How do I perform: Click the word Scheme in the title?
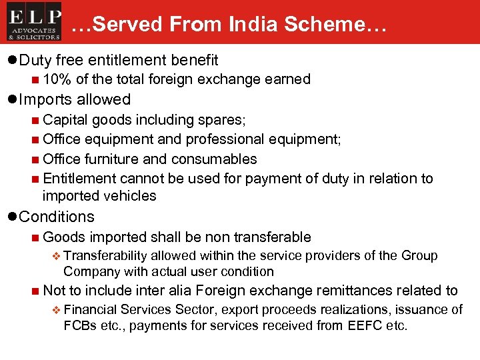pyautogui.click(x=330, y=25)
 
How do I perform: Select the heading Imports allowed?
pyautogui.click(x=75, y=100)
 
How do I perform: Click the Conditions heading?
pyautogui.click(x=57, y=217)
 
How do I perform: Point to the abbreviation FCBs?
pyautogui.click(x=80, y=325)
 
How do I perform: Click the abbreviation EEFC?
pyautogui.click(x=364, y=325)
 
